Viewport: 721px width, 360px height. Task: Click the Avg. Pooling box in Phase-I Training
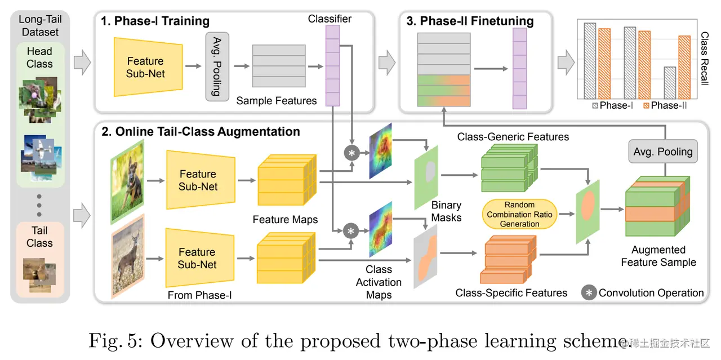click(x=217, y=66)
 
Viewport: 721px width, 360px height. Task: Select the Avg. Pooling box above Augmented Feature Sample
click(x=663, y=152)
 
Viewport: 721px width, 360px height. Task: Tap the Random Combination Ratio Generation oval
click(x=519, y=214)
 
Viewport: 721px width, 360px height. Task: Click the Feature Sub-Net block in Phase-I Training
click(x=148, y=67)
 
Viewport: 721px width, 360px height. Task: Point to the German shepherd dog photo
click(x=127, y=182)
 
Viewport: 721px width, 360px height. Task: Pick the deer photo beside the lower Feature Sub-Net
click(x=128, y=257)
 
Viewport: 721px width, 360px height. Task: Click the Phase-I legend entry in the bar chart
click(x=612, y=105)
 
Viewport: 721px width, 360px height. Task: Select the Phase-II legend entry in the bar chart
click(x=665, y=105)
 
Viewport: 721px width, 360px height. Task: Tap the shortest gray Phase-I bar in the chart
click(x=670, y=83)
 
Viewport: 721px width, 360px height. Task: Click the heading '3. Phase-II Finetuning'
click(x=470, y=21)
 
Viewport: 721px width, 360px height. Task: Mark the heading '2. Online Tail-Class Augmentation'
click(x=201, y=132)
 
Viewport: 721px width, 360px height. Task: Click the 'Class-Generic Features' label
click(x=513, y=137)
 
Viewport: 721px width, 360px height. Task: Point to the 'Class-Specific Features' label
click(x=511, y=293)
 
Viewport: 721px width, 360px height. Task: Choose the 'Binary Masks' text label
click(x=447, y=211)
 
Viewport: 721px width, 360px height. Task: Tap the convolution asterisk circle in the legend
click(x=589, y=293)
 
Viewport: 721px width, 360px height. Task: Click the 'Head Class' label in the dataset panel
click(x=39, y=57)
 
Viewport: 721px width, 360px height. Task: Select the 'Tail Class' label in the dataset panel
click(x=39, y=237)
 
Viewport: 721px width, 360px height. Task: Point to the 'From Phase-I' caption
click(x=199, y=295)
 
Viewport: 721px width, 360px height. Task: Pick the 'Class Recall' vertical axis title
click(x=705, y=58)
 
